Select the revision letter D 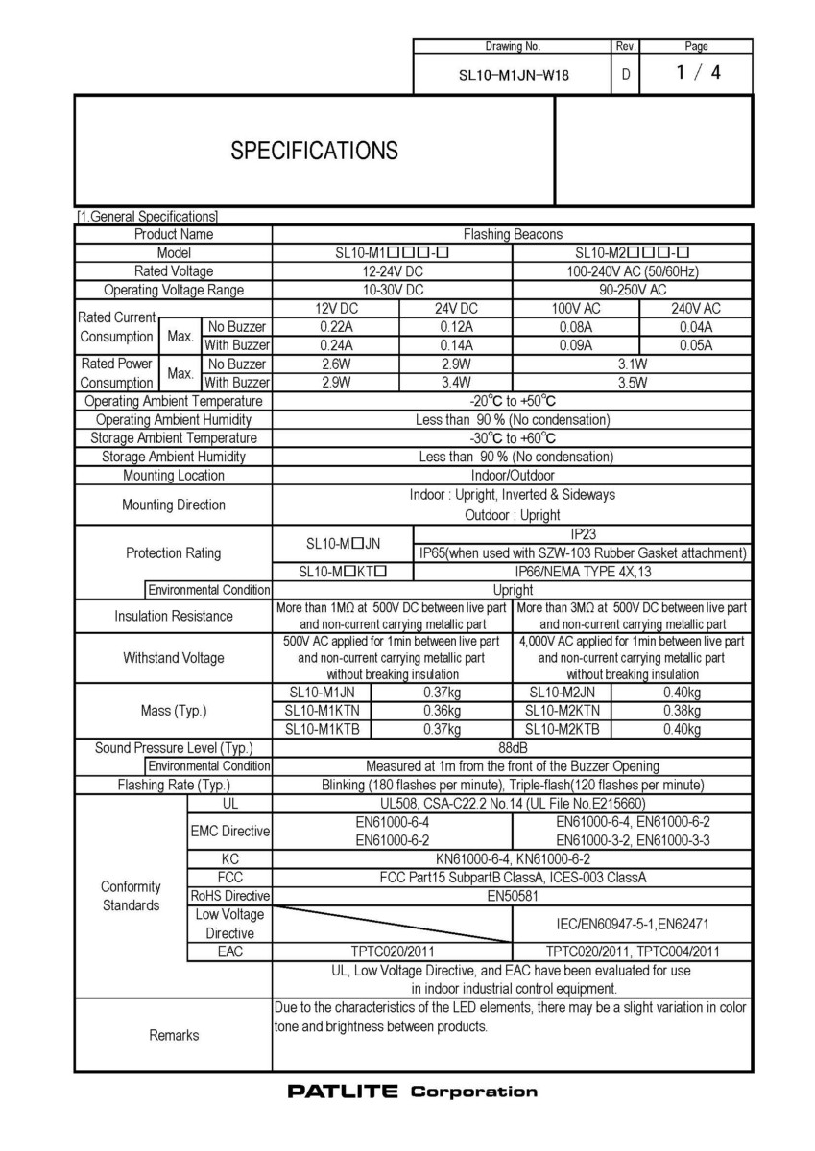tap(625, 74)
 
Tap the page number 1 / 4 tap(697, 73)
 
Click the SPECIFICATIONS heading tap(315, 151)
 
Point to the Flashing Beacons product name tap(513, 234)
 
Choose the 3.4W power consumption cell tap(453, 383)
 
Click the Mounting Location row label tap(174, 475)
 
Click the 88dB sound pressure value tap(513, 748)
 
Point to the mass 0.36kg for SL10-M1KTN tap(442, 711)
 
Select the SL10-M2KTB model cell tap(563, 729)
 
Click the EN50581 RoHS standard tap(513, 896)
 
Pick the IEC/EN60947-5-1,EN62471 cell tap(633, 923)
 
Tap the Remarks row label tap(174, 1035)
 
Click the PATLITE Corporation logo tap(412, 1092)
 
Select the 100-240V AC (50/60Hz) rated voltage tap(632, 271)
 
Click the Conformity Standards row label tap(131, 896)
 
